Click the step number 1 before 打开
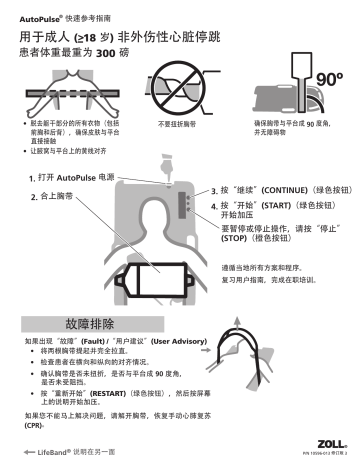(33, 178)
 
